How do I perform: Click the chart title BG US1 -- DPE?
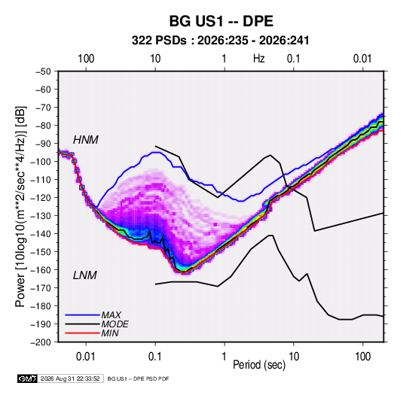click(221, 21)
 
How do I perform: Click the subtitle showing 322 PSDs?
click(220, 41)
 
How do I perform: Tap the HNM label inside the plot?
click(86, 140)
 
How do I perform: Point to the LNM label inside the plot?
click(85, 275)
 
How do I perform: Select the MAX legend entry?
click(111, 315)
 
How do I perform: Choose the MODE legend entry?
click(114, 324)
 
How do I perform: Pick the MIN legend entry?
click(110, 333)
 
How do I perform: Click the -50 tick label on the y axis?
click(43, 71)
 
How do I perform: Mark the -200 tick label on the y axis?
click(41, 342)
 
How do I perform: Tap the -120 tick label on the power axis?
click(41, 198)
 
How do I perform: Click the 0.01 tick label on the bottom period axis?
click(86, 357)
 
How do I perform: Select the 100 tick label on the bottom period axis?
click(362, 357)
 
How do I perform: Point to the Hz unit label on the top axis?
click(259, 59)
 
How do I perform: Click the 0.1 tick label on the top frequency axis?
click(294, 59)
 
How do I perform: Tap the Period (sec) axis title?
click(259, 365)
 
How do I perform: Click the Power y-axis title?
click(20, 206)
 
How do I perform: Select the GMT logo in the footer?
click(27, 378)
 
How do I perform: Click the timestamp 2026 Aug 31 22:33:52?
click(70, 378)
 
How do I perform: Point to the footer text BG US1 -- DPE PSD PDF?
click(138, 379)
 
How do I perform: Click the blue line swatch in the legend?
click(82, 315)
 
